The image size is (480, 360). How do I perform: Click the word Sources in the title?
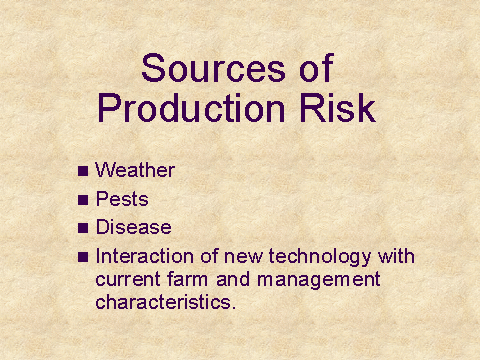point(213,68)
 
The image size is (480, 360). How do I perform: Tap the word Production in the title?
point(191,108)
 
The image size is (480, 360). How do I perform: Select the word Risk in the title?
point(338,108)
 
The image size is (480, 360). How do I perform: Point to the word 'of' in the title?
point(316,68)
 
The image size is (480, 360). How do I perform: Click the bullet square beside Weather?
point(83,171)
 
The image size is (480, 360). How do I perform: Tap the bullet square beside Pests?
point(83,200)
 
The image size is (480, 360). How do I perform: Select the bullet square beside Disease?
point(83,228)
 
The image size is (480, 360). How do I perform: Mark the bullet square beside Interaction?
point(83,257)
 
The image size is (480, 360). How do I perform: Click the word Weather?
point(135,170)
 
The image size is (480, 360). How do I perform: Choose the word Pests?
point(122,199)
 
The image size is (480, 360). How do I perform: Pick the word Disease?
point(134,227)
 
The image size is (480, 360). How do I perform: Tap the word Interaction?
point(145,256)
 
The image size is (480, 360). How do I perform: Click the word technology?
point(320,257)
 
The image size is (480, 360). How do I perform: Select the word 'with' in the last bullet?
point(396,256)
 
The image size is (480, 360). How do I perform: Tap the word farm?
point(188,279)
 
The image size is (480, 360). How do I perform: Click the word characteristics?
point(166,302)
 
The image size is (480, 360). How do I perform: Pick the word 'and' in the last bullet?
point(233,279)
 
